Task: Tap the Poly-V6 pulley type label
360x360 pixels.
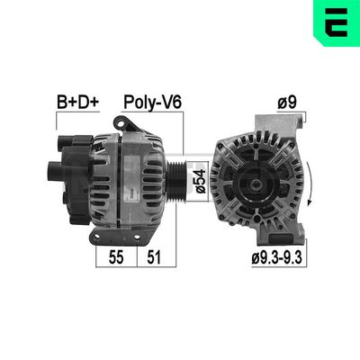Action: tap(152, 103)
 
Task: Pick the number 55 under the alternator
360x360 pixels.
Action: tap(114, 257)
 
